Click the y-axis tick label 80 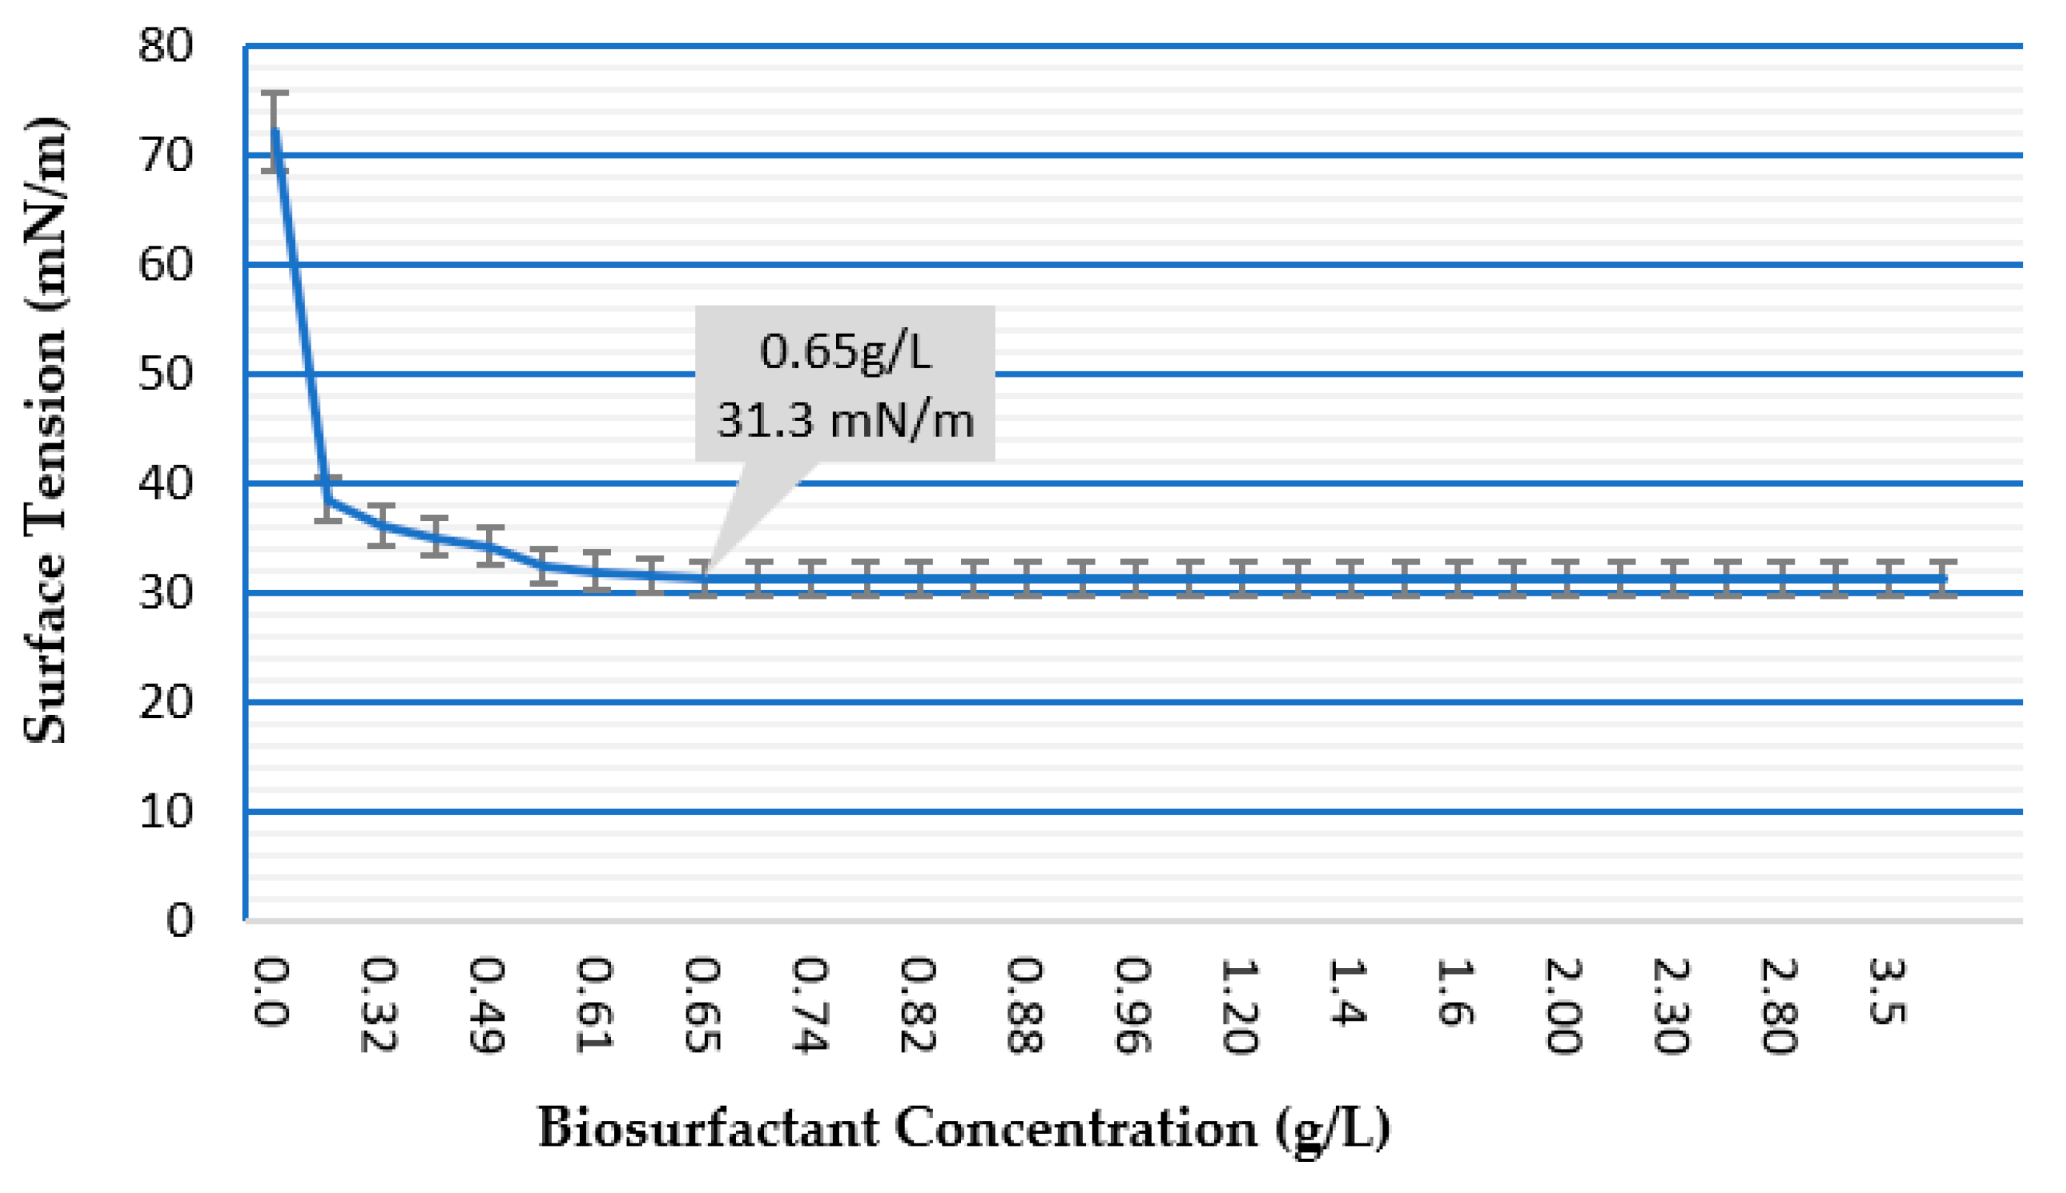(166, 46)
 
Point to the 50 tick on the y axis (166, 374)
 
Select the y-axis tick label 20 (166, 702)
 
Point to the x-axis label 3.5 (1888, 992)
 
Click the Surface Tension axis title (45, 430)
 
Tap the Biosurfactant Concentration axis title (964, 1129)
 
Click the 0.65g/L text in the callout (845, 352)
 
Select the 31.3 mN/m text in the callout (845, 420)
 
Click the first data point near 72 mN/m (275, 131)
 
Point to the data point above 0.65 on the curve (703, 579)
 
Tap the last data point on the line (1943, 579)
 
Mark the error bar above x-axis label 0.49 (490, 545)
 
